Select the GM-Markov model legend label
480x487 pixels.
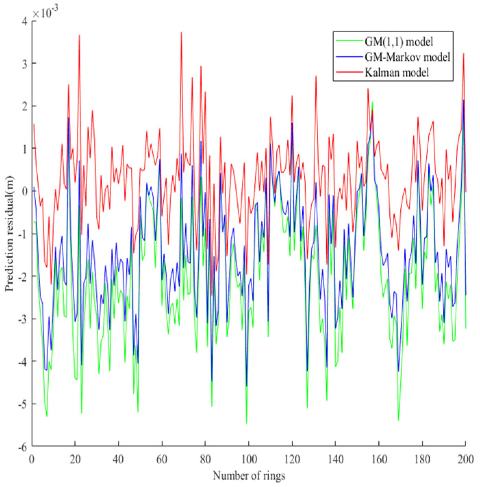407,57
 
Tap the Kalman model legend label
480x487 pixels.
397,72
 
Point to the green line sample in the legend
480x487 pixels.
349,41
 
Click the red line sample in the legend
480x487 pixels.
349,72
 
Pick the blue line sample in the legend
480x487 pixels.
349,57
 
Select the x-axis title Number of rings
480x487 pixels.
249,476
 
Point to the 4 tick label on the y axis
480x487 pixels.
24,21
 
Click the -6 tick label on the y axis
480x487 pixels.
23,447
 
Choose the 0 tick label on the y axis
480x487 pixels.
24,191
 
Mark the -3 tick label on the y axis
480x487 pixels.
23,319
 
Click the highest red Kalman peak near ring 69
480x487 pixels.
181,33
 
